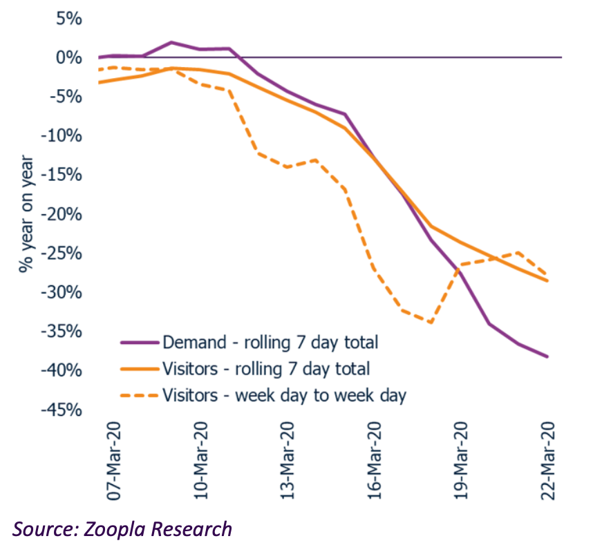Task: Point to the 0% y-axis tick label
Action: click(69, 57)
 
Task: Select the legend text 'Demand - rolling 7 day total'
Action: click(270, 341)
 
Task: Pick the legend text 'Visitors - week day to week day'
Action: click(284, 395)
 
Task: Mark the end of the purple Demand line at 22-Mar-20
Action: click(548, 356)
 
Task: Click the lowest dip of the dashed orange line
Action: click(431, 323)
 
